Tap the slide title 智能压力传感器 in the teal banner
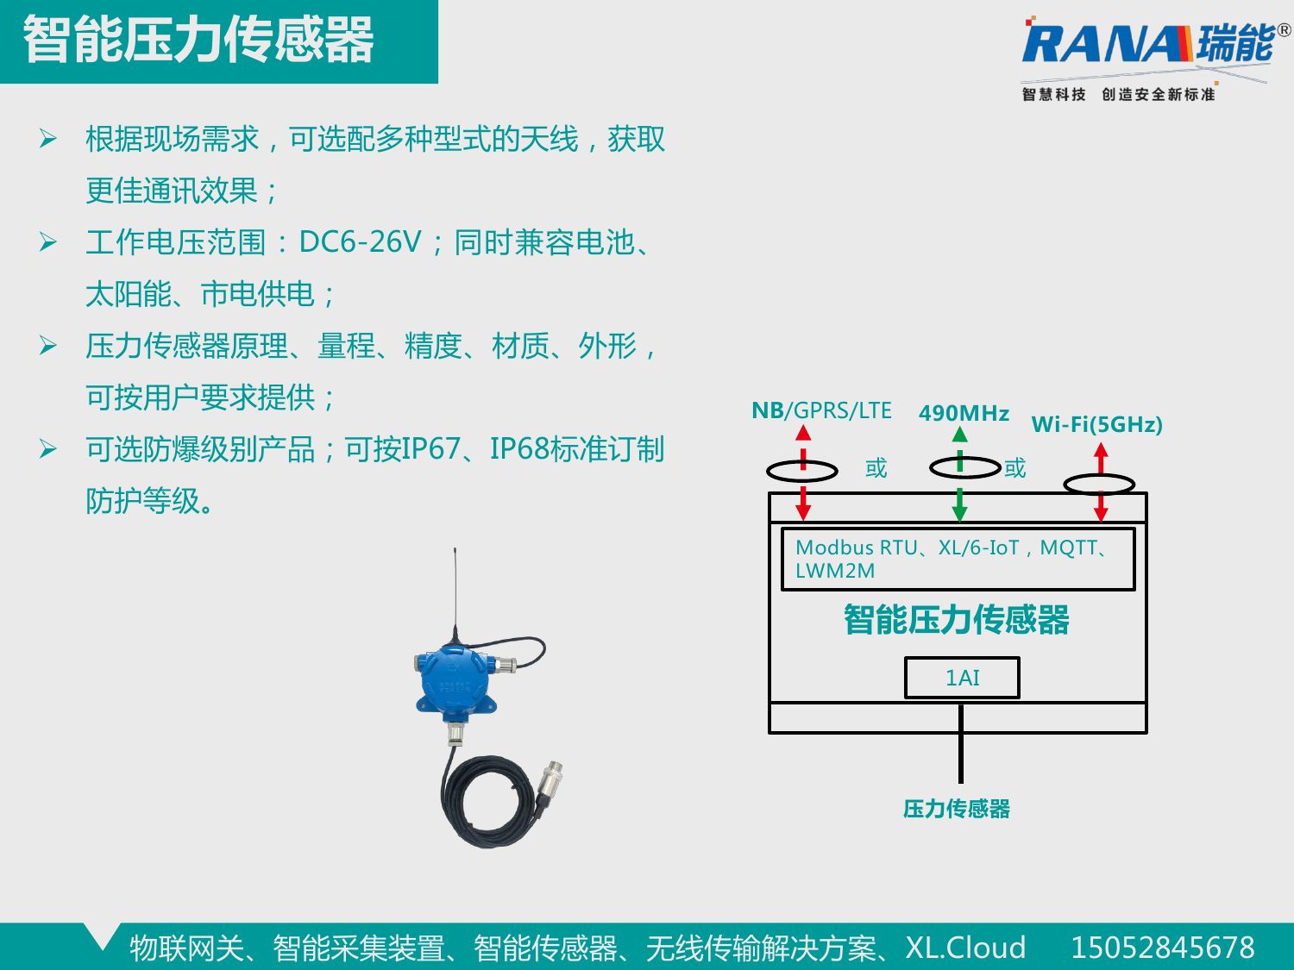click(198, 40)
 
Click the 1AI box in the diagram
click(962, 678)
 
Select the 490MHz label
click(964, 414)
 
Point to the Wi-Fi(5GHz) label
click(1096, 424)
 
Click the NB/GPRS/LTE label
click(821, 410)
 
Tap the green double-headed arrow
click(960, 474)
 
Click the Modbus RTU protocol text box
click(958, 559)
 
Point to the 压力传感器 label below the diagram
click(956, 810)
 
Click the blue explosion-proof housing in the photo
click(453, 681)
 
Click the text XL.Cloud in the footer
click(965, 948)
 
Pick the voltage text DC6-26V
click(361, 242)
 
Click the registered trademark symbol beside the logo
click(1284, 30)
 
